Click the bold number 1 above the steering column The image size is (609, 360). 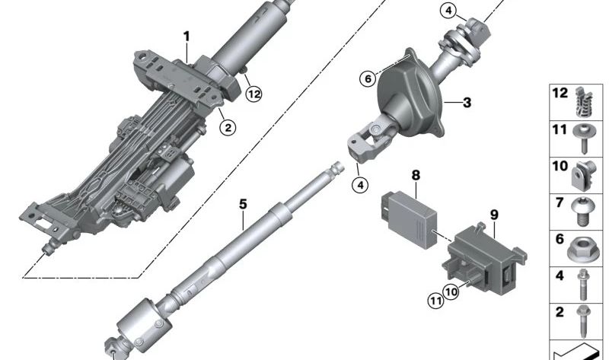186,36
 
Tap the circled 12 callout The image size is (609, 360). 253,94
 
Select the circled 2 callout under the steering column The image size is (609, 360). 227,127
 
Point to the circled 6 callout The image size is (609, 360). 367,78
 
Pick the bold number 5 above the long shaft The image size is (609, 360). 242,204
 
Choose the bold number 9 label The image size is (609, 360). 493,215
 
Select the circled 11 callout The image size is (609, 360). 434,300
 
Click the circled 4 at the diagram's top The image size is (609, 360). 448,11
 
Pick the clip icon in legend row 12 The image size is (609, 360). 582,100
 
